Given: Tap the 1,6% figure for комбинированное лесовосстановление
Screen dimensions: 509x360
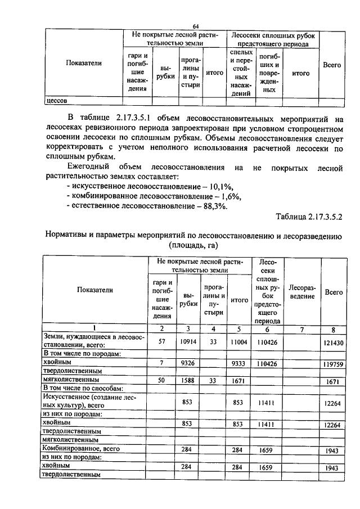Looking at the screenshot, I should point(229,196).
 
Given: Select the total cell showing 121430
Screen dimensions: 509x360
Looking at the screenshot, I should point(334,342).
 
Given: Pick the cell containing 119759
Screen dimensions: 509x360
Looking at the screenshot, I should point(334,364).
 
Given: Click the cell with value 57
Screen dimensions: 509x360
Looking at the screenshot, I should point(161,341).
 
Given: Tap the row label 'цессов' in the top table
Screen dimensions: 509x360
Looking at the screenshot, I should point(56,101).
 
